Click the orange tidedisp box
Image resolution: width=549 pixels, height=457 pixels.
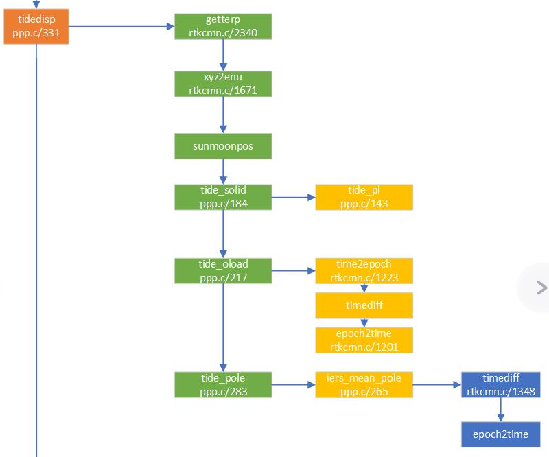pyautogui.click(x=36, y=27)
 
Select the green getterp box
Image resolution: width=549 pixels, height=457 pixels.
pyautogui.click(x=223, y=26)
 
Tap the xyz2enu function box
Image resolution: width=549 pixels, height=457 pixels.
pyautogui.click(x=223, y=84)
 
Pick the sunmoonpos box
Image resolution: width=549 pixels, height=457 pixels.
pyautogui.click(x=223, y=145)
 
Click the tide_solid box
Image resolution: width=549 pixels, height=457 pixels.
pyautogui.click(x=223, y=196)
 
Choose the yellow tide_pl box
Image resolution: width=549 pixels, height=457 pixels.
pyautogui.click(x=364, y=196)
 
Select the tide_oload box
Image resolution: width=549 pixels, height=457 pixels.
pyautogui.click(x=223, y=270)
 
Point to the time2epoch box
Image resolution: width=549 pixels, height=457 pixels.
pyautogui.click(x=364, y=270)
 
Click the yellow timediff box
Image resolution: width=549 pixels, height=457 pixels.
pyautogui.click(x=364, y=305)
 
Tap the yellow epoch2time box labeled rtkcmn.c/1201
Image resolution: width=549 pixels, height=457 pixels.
pyautogui.click(x=364, y=340)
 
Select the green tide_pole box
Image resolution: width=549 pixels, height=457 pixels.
pyautogui.click(x=223, y=384)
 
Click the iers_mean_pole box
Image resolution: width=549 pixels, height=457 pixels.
pyautogui.click(x=364, y=384)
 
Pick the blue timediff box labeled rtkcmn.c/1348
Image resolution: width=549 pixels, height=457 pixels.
pyautogui.click(x=501, y=384)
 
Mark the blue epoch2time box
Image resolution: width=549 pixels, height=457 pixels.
pyautogui.click(x=501, y=434)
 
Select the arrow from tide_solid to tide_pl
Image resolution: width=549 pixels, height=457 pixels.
pyautogui.click(x=293, y=197)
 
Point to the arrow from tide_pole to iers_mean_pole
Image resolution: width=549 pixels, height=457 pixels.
pyautogui.click(x=293, y=385)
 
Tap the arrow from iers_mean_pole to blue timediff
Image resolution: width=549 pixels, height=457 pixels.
pyautogui.click(x=436, y=385)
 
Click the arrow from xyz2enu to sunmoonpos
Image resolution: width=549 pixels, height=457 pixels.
pyautogui.click(x=223, y=115)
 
